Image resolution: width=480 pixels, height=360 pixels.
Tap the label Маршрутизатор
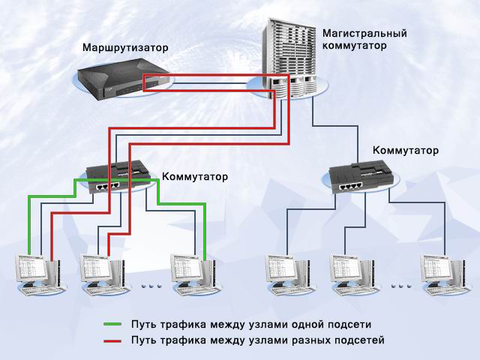click(126, 49)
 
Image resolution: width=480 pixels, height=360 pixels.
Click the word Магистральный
click(364, 33)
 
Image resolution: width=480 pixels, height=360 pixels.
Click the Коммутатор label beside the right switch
click(406, 151)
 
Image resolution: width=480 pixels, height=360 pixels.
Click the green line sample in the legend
click(112, 325)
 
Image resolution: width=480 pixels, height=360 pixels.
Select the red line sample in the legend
click(112, 340)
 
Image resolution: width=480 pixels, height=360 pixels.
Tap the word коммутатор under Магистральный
click(354, 45)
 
